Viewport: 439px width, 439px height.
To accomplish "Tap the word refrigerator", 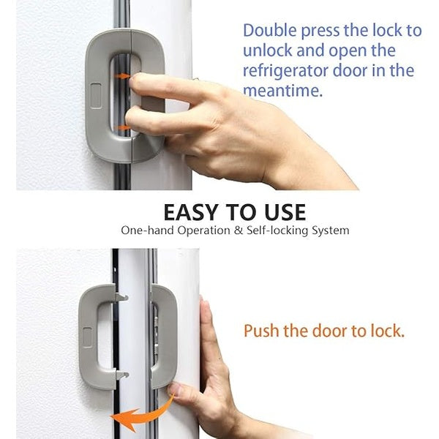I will pyautogui.click(x=290, y=72).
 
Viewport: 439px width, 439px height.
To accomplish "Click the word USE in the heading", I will pyautogui.click(x=279, y=212).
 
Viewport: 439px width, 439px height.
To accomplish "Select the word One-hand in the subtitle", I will pyautogui.click(x=146, y=230).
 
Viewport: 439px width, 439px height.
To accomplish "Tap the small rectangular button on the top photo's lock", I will pyautogui.click(x=96, y=91).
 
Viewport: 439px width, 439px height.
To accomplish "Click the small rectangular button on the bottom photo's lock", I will pyautogui.click(x=87, y=337).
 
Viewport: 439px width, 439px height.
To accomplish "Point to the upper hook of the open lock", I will pyautogui.click(x=120, y=297).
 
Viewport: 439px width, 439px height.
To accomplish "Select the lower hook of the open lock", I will pyautogui.click(x=121, y=375).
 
